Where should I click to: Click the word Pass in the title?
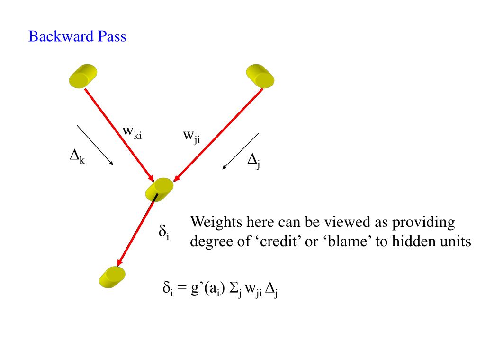pos(112,36)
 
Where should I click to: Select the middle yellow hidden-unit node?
pos(160,190)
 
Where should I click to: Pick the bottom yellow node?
pos(112,277)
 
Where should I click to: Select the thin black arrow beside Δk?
pos(95,145)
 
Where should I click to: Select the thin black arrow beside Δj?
pos(240,151)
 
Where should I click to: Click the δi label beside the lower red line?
pos(164,233)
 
